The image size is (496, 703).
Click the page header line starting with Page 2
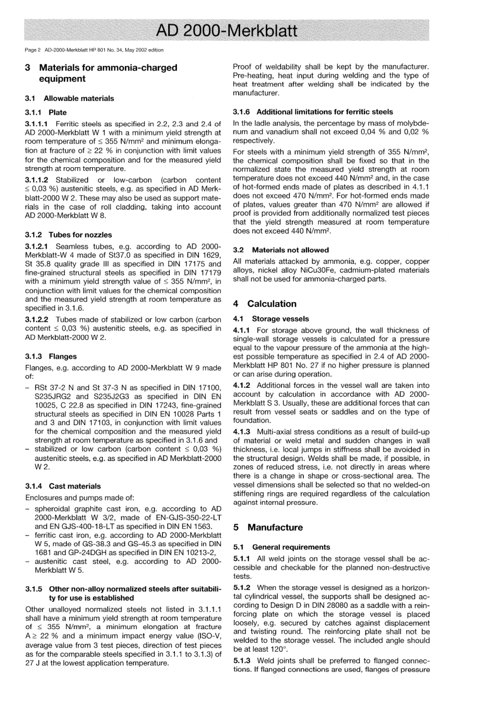(x=94, y=50)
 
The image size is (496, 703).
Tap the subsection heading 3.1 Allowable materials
(x=69, y=98)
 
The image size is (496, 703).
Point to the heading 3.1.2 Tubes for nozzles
(x=68, y=235)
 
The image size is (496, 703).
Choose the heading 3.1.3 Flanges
(x=51, y=356)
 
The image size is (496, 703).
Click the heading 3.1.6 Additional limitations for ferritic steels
(x=313, y=112)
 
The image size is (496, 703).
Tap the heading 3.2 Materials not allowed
(x=281, y=250)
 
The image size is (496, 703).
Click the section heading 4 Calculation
(x=265, y=304)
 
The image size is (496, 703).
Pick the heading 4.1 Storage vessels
(x=271, y=318)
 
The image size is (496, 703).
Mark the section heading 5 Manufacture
(x=268, y=527)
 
